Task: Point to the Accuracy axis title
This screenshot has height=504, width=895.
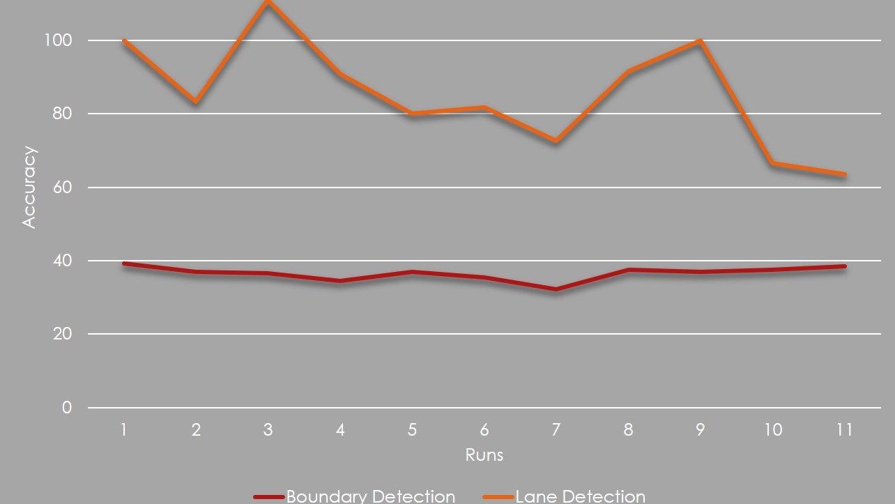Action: pos(29,186)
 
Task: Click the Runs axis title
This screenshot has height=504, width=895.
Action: pos(484,455)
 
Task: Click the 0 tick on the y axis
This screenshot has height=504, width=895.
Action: pos(67,408)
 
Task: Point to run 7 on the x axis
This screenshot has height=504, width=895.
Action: pos(556,430)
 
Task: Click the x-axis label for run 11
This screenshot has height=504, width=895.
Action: pos(844,430)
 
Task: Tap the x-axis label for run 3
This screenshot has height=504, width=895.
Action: pos(268,430)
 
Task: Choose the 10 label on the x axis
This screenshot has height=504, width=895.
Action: pos(772,430)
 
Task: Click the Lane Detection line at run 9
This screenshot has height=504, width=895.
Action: pos(699,40)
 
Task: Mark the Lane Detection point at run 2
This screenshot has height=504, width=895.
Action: pos(196,102)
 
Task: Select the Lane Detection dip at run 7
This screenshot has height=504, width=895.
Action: pos(556,141)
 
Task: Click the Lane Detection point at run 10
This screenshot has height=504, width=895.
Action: pos(772,163)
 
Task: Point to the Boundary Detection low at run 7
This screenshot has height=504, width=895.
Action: pos(556,289)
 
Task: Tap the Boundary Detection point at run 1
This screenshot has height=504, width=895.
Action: pos(124,264)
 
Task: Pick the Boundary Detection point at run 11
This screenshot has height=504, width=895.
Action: pos(844,266)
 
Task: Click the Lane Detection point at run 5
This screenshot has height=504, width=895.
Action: pos(412,113)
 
